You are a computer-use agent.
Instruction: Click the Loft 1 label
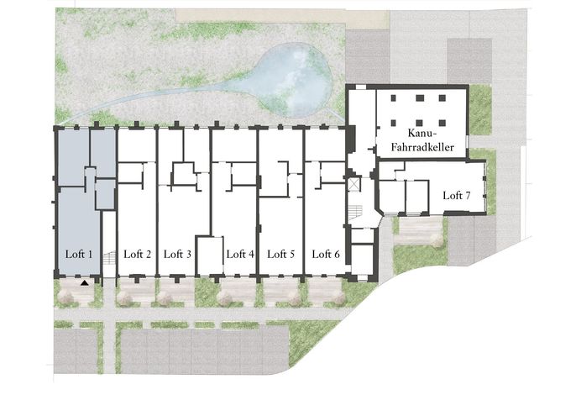79,254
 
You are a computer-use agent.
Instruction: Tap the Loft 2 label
138,254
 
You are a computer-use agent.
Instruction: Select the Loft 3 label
177,254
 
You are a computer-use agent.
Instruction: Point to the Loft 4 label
240,254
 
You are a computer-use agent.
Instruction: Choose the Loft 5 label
281,254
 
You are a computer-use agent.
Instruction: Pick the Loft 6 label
326,254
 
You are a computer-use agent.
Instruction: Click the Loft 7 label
457,195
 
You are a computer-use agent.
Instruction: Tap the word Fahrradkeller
422,147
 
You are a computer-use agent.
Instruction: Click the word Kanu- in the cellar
422,133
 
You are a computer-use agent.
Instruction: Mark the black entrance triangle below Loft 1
85,283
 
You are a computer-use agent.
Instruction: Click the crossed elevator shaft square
354,185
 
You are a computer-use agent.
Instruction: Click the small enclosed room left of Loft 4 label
210,255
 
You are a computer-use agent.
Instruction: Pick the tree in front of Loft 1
66,297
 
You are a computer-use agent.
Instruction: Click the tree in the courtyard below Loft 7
436,240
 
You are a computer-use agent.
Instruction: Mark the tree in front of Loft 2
125,298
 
